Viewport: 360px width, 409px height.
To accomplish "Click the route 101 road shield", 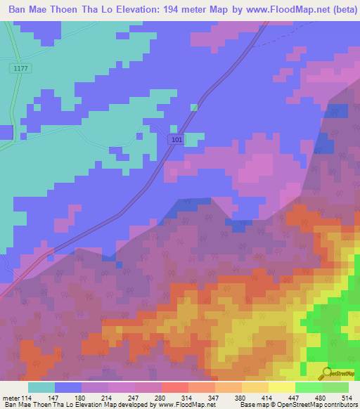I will click(176, 141).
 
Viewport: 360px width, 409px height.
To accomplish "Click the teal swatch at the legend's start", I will click(41, 388).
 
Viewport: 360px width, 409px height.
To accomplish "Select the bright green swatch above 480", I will click(308, 388).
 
